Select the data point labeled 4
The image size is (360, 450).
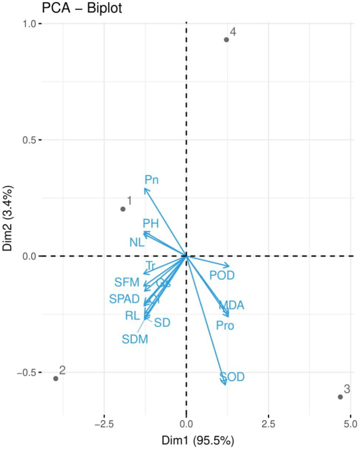(226, 39)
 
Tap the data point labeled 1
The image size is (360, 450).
(123, 209)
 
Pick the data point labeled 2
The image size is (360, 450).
(56, 378)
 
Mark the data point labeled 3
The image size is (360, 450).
(340, 397)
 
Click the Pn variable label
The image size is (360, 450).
(152, 179)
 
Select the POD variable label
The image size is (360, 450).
(222, 275)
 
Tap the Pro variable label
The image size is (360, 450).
(225, 325)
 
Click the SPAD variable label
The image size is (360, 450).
(124, 299)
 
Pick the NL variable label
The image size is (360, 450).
(137, 242)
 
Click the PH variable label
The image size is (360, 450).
(151, 224)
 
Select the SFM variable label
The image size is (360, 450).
(126, 282)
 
